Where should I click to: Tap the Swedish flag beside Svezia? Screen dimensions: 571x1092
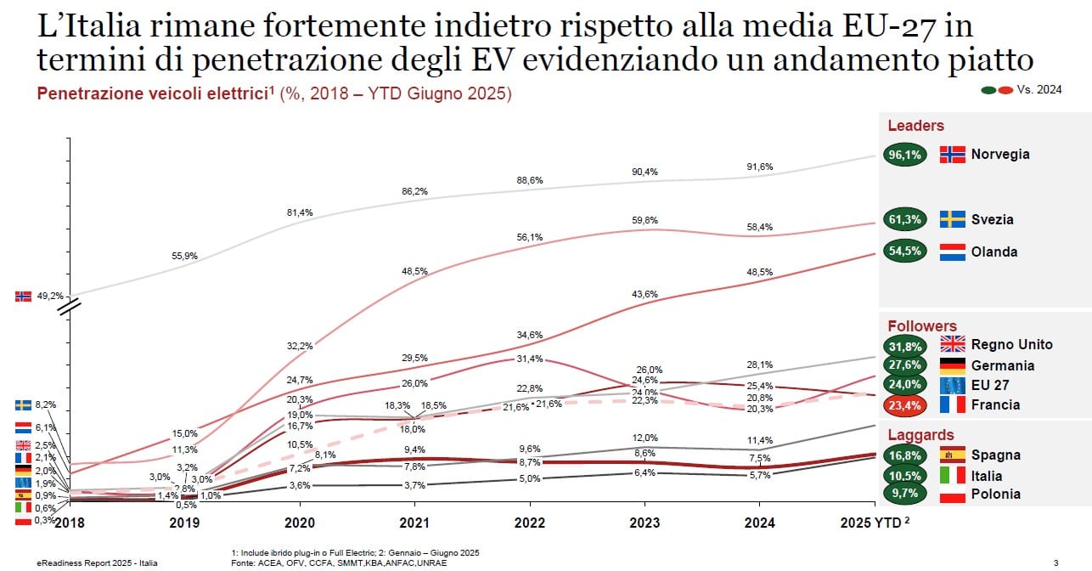tap(952, 219)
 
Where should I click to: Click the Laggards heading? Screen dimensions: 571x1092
tap(920, 435)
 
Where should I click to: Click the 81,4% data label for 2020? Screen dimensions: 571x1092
tap(301, 212)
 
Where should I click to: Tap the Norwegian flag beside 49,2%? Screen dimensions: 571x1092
tap(23, 297)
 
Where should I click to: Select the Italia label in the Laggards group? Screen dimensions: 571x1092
tap(987, 476)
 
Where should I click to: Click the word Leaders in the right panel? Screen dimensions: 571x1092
tap(915, 126)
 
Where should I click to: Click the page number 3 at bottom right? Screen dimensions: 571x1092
tap(1055, 562)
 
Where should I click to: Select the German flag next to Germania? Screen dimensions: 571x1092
tap(952, 365)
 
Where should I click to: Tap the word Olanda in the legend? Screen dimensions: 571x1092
tap(994, 252)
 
